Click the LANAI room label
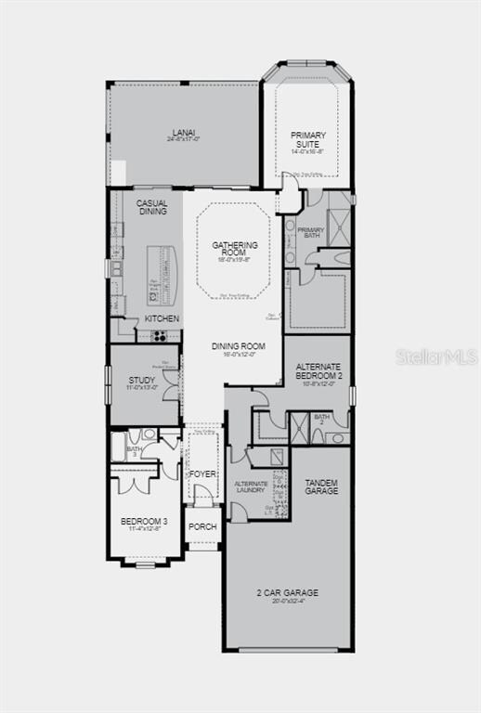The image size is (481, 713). point(184,132)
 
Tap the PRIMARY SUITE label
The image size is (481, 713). point(308,139)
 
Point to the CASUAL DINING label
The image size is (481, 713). point(152,207)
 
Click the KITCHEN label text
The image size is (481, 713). point(162,318)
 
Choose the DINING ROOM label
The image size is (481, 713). point(239,346)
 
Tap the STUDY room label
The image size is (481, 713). point(142,380)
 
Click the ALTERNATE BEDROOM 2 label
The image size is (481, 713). point(318,371)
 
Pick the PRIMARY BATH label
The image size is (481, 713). point(311,232)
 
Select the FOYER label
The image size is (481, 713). point(202,474)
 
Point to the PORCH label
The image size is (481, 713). point(202,526)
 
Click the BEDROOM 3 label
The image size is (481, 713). point(144,522)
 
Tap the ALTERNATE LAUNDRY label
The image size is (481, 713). point(251,487)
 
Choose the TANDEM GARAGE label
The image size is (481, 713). point(321,486)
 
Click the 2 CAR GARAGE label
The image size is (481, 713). point(288,592)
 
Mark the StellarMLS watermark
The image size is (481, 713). point(435,356)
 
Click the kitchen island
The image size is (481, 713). point(160,276)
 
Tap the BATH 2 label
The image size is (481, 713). point(321,420)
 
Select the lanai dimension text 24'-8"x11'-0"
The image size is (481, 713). point(184,139)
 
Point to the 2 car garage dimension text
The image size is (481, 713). point(288,601)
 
